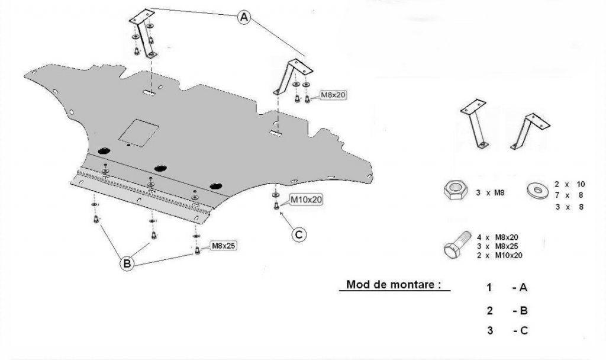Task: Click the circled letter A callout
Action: (x=244, y=18)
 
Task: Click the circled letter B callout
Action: (x=127, y=264)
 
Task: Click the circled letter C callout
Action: (x=299, y=235)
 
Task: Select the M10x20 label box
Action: (x=306, y=200)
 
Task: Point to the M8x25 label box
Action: (x=223, y=245)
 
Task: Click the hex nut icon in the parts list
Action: (x=453, y=191)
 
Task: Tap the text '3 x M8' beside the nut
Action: (x=490, y=191)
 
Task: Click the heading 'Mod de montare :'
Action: (x=394, y=284)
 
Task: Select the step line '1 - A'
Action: (x=507, y=288)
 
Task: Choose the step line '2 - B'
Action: (x=507, y=310)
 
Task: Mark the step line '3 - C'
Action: (x=507, y=331)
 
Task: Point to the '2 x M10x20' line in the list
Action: (x=500, y=255)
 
